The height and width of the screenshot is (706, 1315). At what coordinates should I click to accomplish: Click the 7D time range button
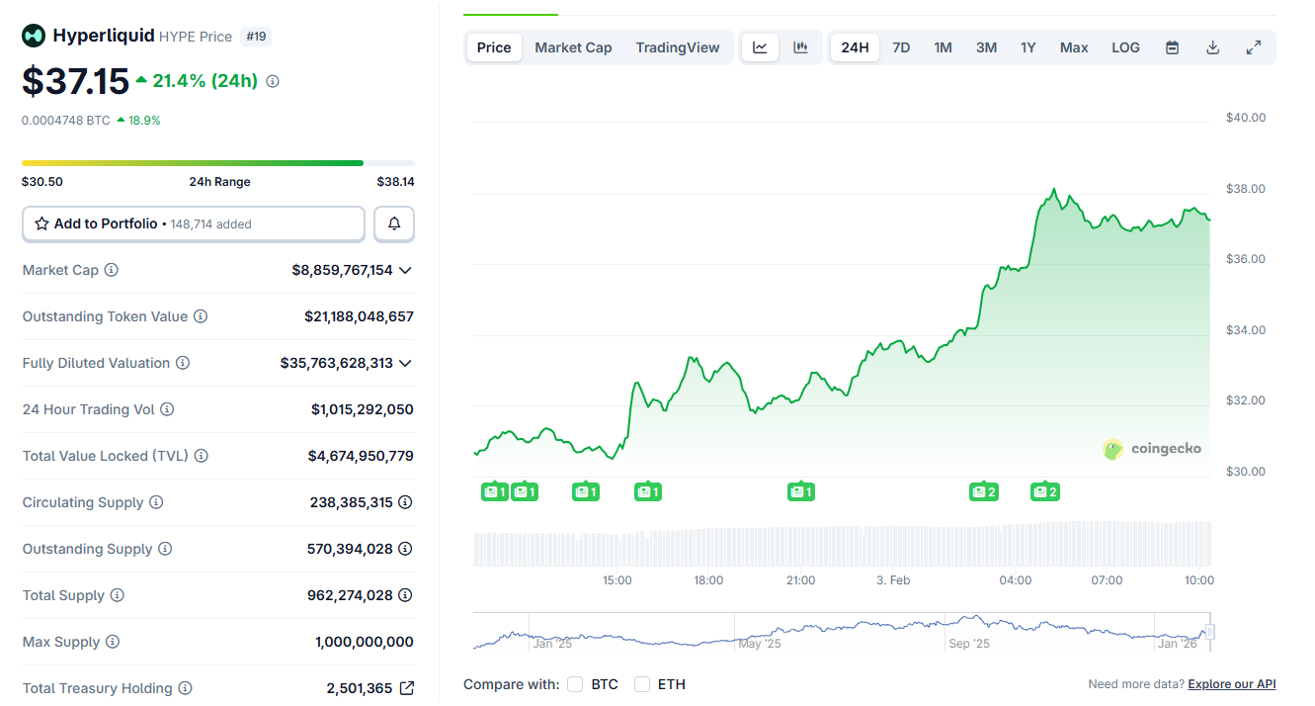(x=901, y=47)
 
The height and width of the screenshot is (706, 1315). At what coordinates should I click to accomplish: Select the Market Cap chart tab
(x=573, y=47)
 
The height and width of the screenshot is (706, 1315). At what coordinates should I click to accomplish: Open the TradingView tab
(x=678, y=47)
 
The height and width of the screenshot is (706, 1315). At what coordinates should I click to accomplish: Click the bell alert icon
(x=394, y=223)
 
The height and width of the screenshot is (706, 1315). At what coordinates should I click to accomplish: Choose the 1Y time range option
(x=1027, y=47)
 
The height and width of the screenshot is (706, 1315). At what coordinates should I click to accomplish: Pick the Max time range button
(x=1074, y=47)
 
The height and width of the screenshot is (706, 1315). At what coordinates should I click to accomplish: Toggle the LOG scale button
(x=1125, y=47)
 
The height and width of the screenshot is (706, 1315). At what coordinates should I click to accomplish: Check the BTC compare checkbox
(x=576, y=684)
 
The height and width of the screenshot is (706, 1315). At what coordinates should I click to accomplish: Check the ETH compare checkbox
(x=642, y=684)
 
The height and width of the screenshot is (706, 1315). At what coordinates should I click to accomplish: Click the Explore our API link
(x=1231, y=684)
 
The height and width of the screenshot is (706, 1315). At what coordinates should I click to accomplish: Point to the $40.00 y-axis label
(x=1245, y=118)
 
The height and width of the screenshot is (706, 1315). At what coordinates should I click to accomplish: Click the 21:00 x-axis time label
(x=800, y=580)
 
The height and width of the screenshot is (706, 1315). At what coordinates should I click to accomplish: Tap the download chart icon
(x=1212, y=47)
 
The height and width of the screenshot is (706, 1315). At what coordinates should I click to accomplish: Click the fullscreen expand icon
(x=1253, y=47)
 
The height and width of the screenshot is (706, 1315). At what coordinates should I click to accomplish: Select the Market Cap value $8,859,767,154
(x=342, y=270)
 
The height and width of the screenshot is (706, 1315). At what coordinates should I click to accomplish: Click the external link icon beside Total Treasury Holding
(x=406, y=688)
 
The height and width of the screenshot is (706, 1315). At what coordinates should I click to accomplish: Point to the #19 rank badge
(x=256, y=37)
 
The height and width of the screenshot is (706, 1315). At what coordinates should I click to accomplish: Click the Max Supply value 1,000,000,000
(x=365, y=642)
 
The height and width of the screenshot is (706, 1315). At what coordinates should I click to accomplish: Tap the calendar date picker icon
(x=1172, y=47)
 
